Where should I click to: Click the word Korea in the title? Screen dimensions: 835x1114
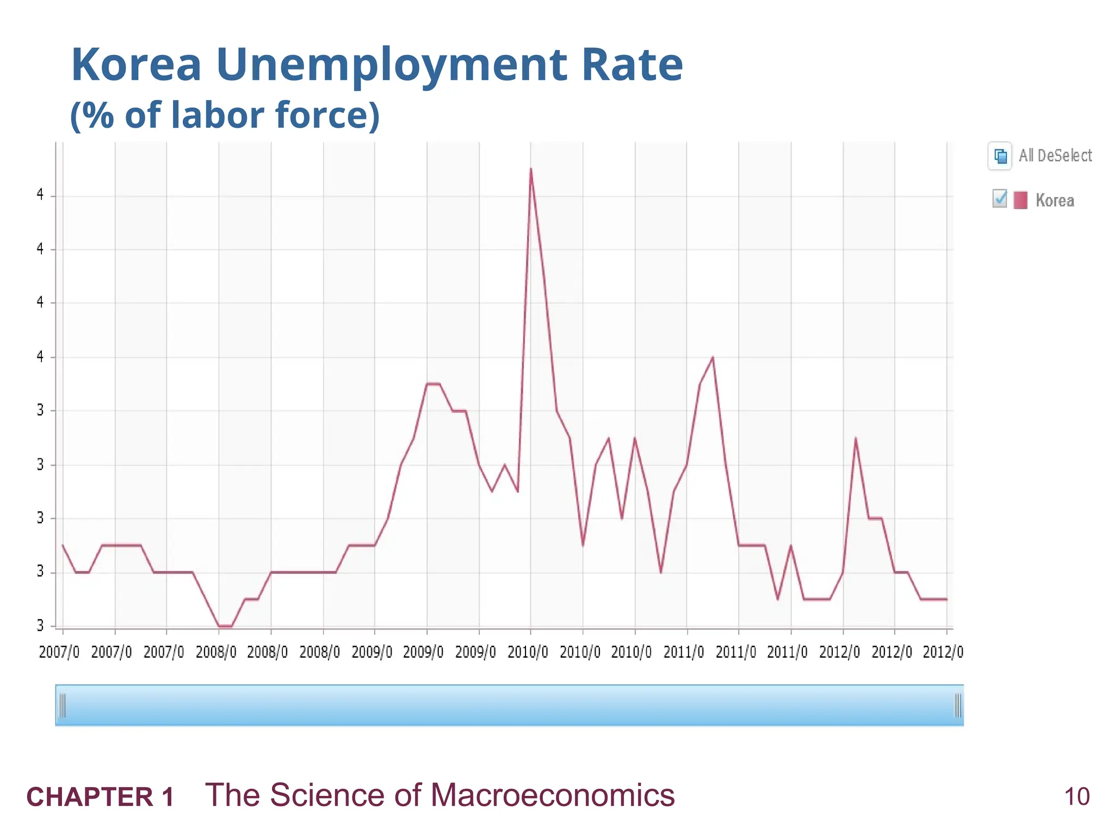136,65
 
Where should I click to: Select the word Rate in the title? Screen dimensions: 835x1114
632,65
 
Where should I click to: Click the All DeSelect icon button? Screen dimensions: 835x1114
1000,157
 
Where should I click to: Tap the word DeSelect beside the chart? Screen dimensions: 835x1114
1065,156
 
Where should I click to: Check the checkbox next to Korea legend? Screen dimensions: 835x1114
999,199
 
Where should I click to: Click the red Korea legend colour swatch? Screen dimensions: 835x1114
1020,200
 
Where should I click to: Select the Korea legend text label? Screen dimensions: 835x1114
1055,201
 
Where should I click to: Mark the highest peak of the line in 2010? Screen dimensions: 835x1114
531,169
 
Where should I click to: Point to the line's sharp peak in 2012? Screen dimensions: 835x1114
856,438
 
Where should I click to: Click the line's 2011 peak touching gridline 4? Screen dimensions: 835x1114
713,358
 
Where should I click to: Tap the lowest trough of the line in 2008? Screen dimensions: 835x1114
225,626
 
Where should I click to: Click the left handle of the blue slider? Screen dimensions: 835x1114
62,706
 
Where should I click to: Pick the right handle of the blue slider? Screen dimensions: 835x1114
958,706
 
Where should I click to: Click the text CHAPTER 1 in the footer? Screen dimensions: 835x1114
101,797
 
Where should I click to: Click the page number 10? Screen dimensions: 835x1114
1076,797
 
